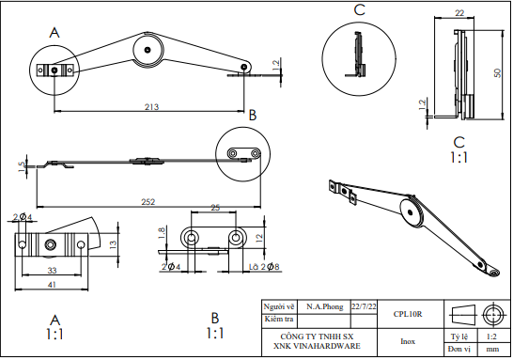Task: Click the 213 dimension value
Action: pyautogui.click(x=150, y=107)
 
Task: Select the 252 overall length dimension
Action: pyautogui.click(x=148, y=201)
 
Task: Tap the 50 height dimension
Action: pyautogui.click(x=496, y=71)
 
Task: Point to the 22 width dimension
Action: pyautogui.click(x=459, y=14)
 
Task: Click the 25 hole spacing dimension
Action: pyautogui.click(x=215, y=207)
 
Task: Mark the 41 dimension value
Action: pyautogui.click(x=53, y=285)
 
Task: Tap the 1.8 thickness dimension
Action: pyautogui.click(x=162, y=232)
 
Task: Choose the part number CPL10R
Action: pyautogui.click(x=408, y=314)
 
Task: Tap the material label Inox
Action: pyautogui.click(x=408, y=341)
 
